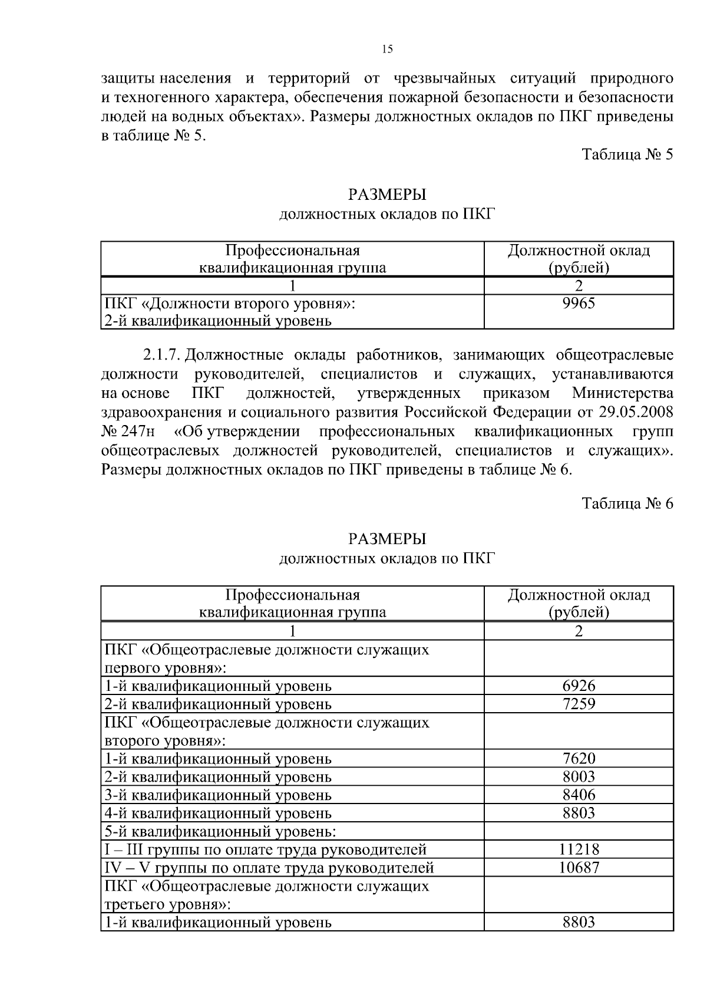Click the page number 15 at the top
click(387, 50)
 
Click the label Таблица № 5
click(627, 154)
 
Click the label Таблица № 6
click(627, 503)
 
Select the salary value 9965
click(579, 303)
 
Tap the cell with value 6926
click(579, 685)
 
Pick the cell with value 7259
click(579, 703)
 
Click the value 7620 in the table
click(579, 758)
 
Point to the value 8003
click(579, 776)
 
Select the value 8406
click(579, 795)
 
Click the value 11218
click(579, 849)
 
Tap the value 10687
click(579, 867)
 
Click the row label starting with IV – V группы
click(269, 868)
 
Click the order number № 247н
click(128, 431)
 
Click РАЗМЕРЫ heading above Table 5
click(387, 195)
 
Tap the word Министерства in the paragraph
click(622, 393)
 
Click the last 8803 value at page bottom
click(579, 922)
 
